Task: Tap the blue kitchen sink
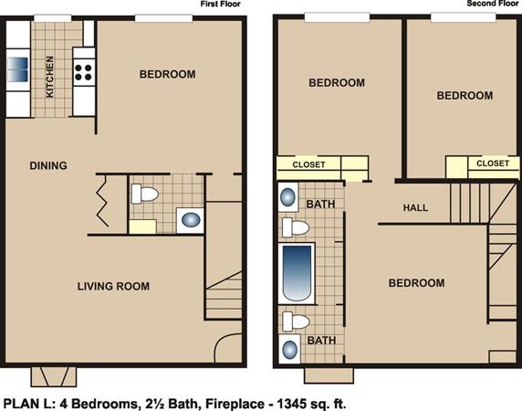click(x=18, y=69)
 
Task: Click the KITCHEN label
click(x=49, y=77)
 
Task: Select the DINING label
click(x=48, y=165)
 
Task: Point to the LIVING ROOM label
click(x=113, y=286)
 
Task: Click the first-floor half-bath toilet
click(x=144, y=194)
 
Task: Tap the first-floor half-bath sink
click(x=191, y=220)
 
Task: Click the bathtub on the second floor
click(x=297, y=273)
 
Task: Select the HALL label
click(x=415, y=208)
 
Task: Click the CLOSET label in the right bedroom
click(x=493, y=163)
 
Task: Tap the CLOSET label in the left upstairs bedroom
click(x=308, y=164)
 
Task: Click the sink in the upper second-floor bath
click(x=287, y=197)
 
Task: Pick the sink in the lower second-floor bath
click(x=289, y=350)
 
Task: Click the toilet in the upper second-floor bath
click(x=296, y=227)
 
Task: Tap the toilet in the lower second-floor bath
click(x=296, y=321)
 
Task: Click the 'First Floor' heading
click(x=220, y=4)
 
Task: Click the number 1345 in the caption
click(x=292, y=404)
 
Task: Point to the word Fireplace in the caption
click(x=235, y=404)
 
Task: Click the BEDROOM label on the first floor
click(x=167, y=74)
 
